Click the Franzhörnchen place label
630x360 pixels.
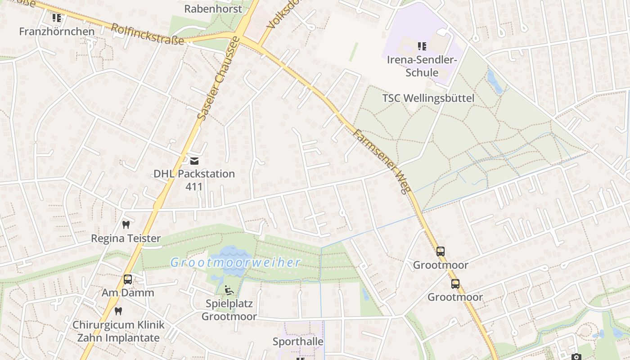click(x=57, y=31)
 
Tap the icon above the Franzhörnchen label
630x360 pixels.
click(x=57, y=18)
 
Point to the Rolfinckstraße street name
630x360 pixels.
click(x=148, y=34)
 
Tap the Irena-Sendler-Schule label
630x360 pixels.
click(x=422, y=66)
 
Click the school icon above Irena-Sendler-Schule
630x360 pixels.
click(x=422, y=46)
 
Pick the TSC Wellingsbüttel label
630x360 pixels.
click(x=428, y=98)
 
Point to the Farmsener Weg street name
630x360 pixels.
click(x=382, y=161)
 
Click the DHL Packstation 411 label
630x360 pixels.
click(x=194, y=180)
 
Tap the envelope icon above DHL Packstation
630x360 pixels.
click(x=194, y=161)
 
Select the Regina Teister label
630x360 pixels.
click(x=126, y=238)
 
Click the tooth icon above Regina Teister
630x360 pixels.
click(x=126, y=224)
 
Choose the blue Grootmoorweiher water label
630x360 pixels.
click(x=235, y=262)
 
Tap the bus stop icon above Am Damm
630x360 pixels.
click(x=128, y=279)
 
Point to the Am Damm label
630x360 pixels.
click(x=128, y=293)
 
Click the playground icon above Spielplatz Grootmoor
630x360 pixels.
click(x=229, y=290)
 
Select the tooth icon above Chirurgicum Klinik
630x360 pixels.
click(x=118, y=310)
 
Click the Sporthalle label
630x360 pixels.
click(x=298, y=342)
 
